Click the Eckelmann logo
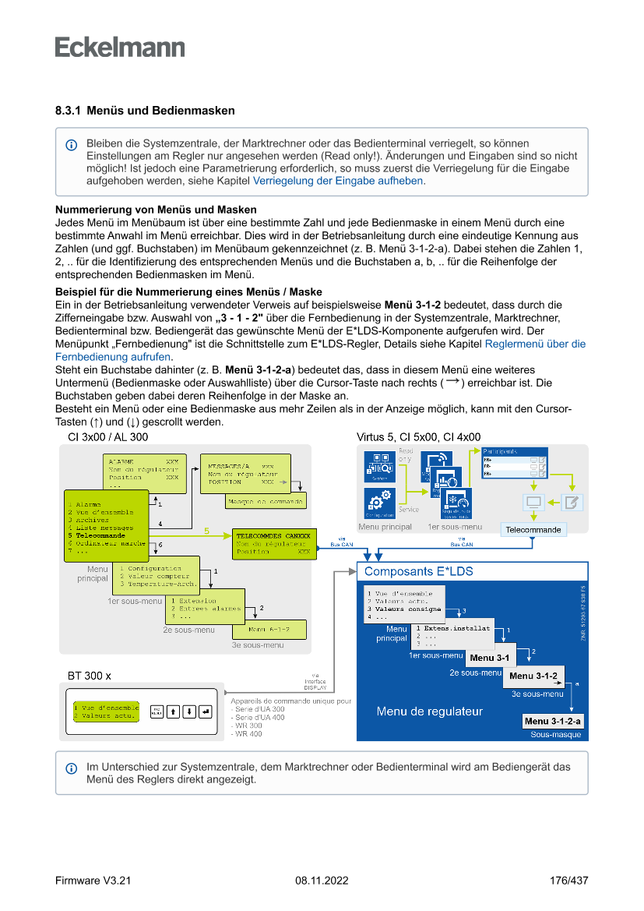[x=120, y=47]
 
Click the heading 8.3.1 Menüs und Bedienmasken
[x=145, y=111]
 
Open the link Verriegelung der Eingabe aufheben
[x=338, y=181]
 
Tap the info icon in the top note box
[x=72, y=145]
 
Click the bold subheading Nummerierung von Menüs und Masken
[x=156, y=210]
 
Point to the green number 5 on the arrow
[x=206, y=531]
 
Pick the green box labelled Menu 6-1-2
[x=269, y=629]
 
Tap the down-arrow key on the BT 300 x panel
[x=188, y=711]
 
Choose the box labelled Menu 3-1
[x=489, y=658]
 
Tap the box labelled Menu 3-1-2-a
[x=554, y=721]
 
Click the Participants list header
[x=516, y=451]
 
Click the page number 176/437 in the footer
[x=568, y=881]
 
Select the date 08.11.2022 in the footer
[x=322, y=881]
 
